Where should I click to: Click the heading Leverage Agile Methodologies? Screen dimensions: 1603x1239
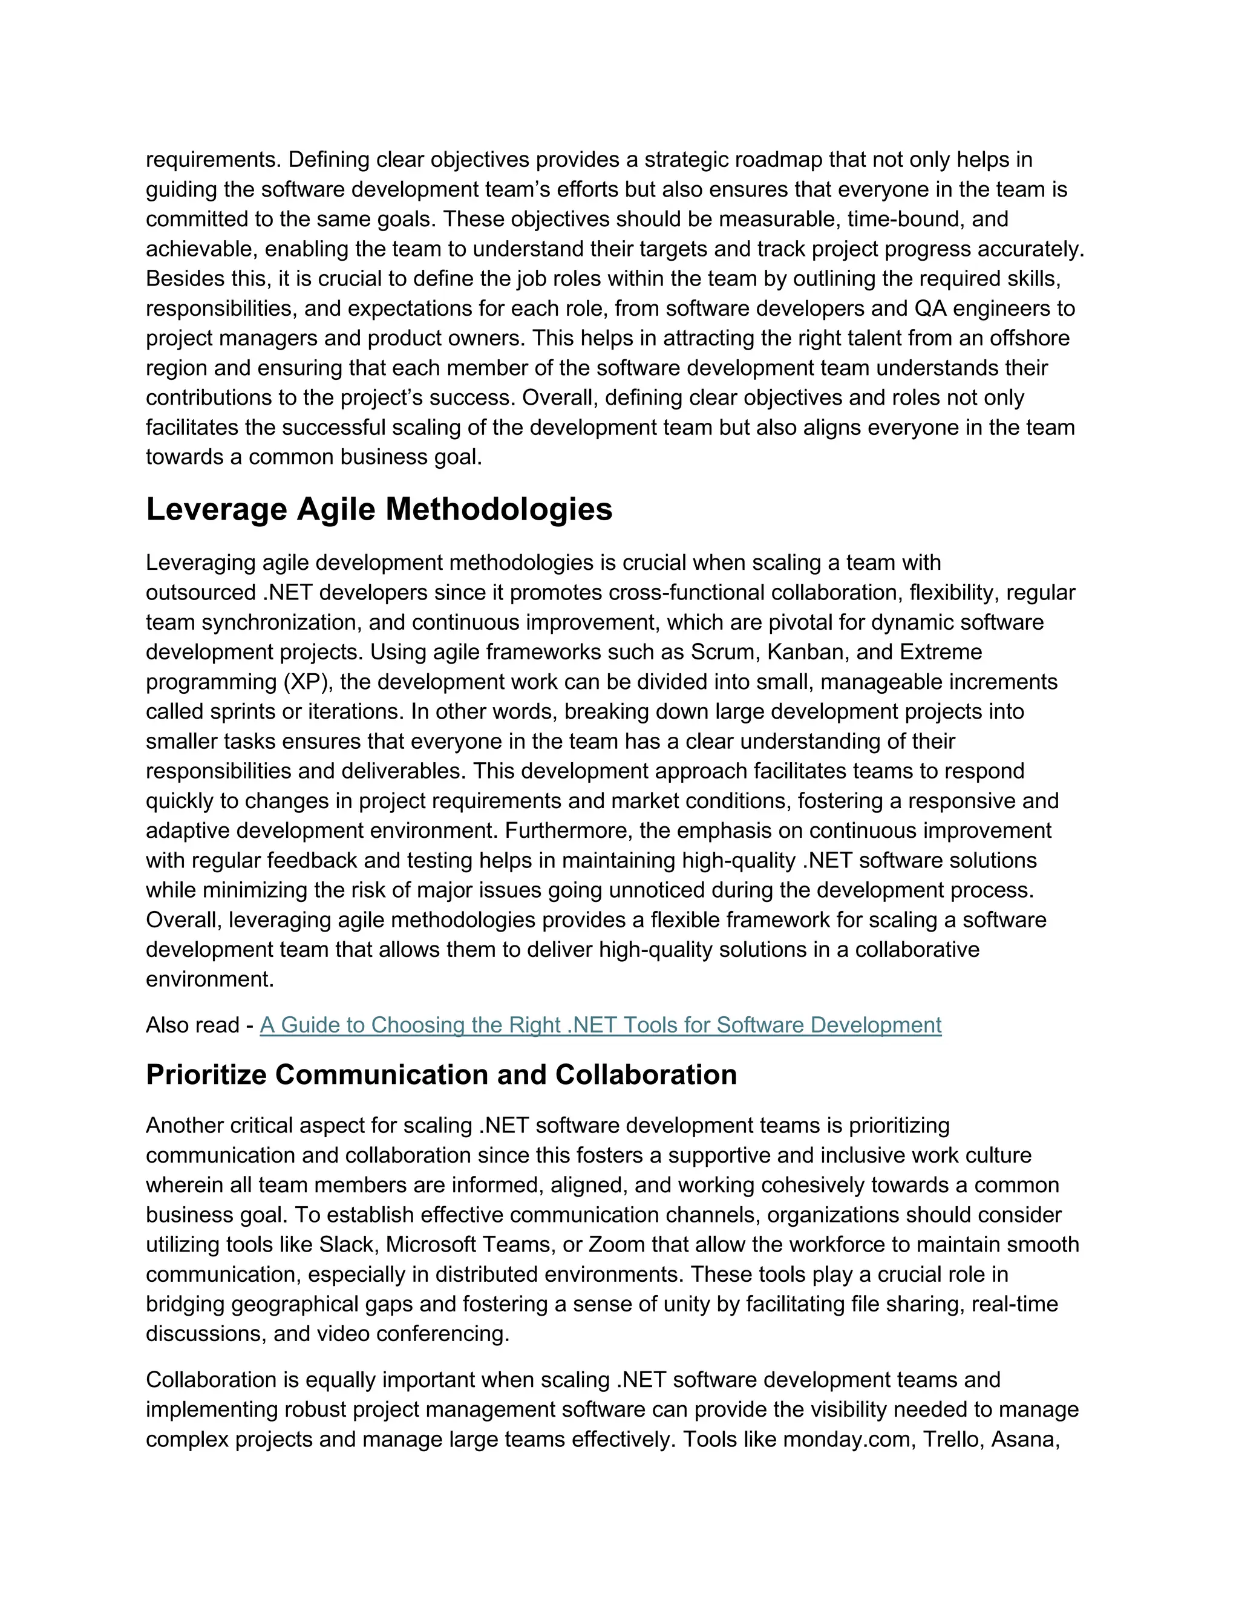pyautogui.click(x=379, y=509)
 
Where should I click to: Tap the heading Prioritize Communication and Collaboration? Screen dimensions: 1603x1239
pyautogui.click(x=441, y=1074)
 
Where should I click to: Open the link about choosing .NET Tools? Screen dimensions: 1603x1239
pyautogui.click(x=600, y=1025)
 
